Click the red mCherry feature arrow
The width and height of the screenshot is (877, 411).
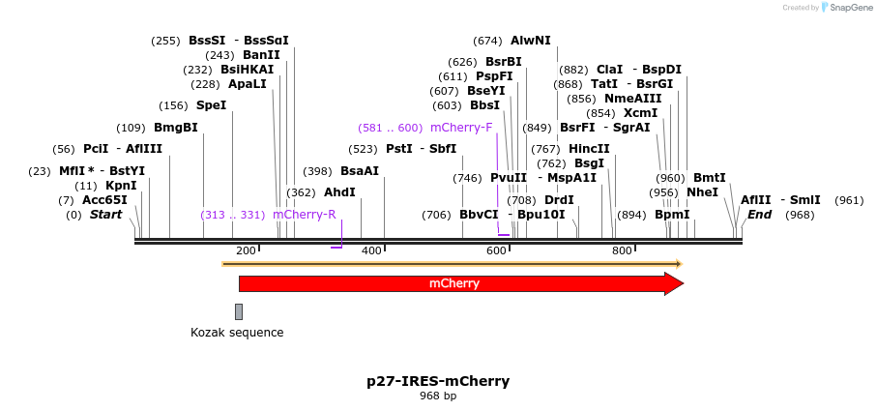[x=454, y=283]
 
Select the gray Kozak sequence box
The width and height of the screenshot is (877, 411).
[x=239, y=311]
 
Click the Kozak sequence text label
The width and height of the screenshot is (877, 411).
[x=237, y=333]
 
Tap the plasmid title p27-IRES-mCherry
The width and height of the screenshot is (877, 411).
[x=438, y=381]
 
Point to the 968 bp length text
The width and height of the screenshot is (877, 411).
[x=438, y=396]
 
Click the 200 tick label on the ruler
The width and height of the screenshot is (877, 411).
[x=246, y=251]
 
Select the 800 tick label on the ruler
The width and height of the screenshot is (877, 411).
[x=623, y=251]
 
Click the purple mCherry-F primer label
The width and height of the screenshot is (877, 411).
[x=461, y=128]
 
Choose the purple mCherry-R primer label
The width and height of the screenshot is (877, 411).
[x=304, y=215]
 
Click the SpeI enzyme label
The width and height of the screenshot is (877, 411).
[x=211, y=105]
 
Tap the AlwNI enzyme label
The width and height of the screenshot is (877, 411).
[x=530, y=41]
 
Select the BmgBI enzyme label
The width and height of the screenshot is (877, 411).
[x=175, y=128]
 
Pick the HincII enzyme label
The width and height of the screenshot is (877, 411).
[x=589, y=149]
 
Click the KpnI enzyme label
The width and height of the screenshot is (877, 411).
[x=121, y=186]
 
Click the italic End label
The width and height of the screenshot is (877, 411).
[x=759, y=215]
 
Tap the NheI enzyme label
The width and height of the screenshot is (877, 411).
[x=702, y=192]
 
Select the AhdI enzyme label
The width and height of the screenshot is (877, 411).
[x=339, y=192]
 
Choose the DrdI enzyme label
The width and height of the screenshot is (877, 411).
[x=559, y=200]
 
